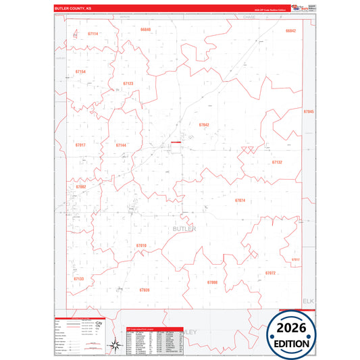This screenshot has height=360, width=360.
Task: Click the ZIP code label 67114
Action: tap(93, 34)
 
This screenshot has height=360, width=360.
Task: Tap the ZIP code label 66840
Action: tap(146, 30)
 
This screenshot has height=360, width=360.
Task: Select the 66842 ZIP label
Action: tap(290, 31)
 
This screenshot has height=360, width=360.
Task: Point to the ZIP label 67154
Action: tap(80, 72)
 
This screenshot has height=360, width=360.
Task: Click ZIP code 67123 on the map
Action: tap(128, 84)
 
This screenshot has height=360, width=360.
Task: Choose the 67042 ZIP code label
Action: tap(204, 125)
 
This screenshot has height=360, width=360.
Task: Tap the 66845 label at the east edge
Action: tap(309, 111)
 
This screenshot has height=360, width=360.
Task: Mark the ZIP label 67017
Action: tap(80, 145)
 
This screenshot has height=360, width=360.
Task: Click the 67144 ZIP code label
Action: tap(121, 145)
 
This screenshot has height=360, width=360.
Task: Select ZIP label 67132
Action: tap(277, 163)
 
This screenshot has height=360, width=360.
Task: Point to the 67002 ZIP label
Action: tap(81, 186)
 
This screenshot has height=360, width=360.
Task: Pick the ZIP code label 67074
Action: tap(240, 201)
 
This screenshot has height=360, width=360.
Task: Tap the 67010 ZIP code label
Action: tap(141, 245)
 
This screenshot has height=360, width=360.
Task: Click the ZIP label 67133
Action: tap(79, 278)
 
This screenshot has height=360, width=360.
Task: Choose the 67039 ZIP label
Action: tap(145, 289)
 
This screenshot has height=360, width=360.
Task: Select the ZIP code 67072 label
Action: tap(270, 273)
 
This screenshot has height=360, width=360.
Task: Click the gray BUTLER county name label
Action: tap(184, 230)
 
